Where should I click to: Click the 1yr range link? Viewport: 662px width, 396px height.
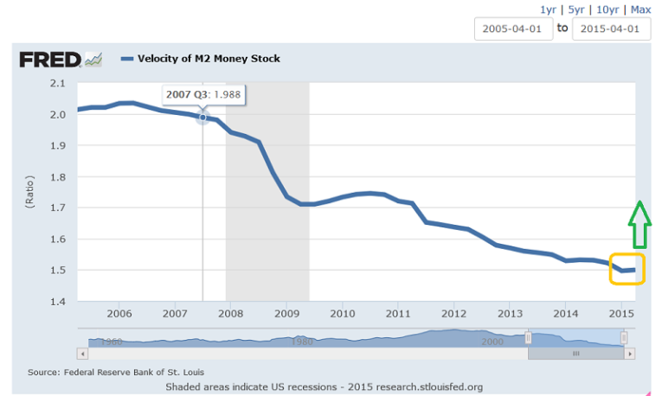point(548,10)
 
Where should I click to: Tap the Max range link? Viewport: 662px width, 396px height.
point(640,10)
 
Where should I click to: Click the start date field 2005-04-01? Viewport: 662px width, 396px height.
point(512,29)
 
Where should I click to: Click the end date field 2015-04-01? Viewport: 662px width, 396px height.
point(611,29)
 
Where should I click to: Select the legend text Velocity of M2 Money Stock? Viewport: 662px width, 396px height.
point(209,59)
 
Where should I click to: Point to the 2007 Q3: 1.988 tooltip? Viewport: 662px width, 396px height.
point(204,94)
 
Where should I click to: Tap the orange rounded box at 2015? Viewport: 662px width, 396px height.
point(627,269)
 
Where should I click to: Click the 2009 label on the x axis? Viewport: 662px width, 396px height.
point(286,313)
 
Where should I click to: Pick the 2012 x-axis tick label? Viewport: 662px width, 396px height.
point(454,313)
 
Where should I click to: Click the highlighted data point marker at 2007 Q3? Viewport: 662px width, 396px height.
point(202,117)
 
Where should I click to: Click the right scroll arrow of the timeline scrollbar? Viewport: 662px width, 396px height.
point(630,353)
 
